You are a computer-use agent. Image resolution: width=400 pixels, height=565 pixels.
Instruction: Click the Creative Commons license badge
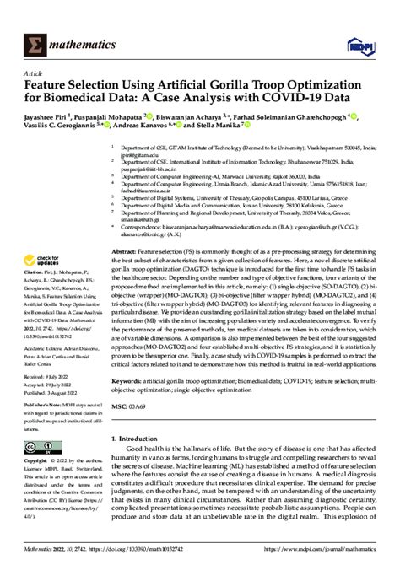pos(41,446)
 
